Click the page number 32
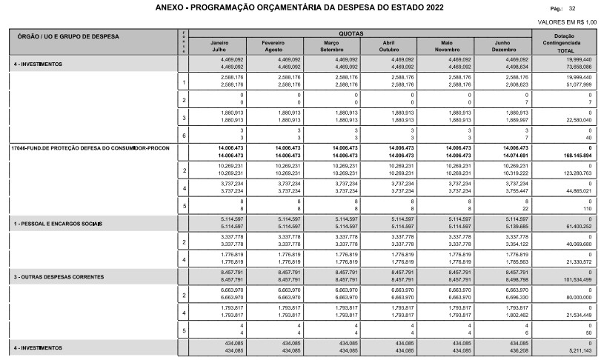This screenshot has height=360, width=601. [593, 10]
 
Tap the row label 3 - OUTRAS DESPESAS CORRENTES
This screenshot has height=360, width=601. [56, 276]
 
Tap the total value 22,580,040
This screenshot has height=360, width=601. [576, 119]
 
